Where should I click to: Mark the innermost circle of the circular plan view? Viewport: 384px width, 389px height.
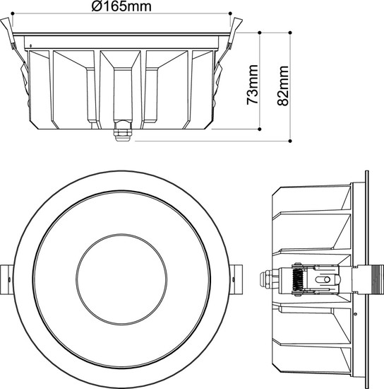[121, 274]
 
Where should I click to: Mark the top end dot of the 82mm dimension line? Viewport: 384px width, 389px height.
[291, 33]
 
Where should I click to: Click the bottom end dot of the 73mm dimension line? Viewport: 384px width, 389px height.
[262, 129]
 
